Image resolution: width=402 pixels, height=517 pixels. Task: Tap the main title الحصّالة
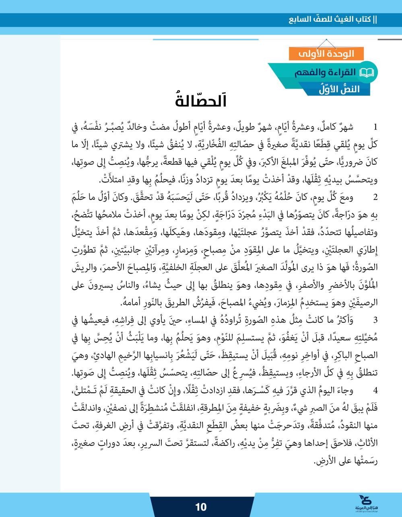tap(201, 100)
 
